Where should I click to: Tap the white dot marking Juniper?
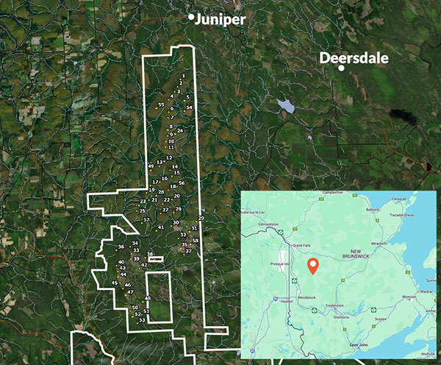point(192,16)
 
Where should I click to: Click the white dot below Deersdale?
point(342,68)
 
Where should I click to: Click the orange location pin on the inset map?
point(312,266)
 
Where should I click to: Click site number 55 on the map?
point(160,105)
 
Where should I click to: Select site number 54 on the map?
point(189,107)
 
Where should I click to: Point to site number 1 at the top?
point(182,76)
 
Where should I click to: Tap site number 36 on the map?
point(121,247)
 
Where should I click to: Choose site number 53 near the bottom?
point(141,319)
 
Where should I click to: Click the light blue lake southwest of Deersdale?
point(285,107)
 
